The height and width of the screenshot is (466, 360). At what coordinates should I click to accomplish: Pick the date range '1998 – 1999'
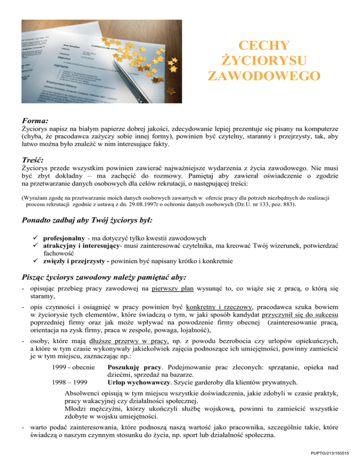71,394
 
